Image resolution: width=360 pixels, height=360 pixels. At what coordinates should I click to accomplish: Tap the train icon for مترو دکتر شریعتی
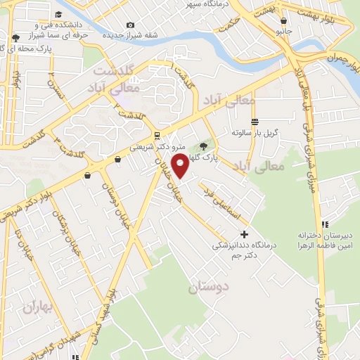(156, 135)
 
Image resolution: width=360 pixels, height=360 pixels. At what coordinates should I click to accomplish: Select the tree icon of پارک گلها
(204, 146)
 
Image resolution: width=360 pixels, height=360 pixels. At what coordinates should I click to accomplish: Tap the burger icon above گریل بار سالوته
(254, 121)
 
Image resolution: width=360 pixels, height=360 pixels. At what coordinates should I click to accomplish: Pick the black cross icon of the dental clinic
(244, 234)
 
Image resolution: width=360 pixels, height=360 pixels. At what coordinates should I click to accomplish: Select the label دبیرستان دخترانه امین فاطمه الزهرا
(324, 239)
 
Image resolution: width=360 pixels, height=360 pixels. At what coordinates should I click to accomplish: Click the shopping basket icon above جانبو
(283, 20)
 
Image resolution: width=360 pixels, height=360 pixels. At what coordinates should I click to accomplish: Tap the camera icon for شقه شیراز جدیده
(130, 26)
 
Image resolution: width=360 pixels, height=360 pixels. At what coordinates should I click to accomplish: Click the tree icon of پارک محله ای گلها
(15, 37)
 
